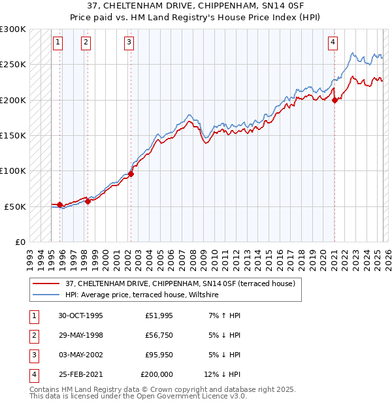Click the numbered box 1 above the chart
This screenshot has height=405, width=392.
pos(58,43)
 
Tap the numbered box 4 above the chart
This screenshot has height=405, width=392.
pos(333,43)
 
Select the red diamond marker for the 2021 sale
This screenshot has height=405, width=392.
pos(335,100)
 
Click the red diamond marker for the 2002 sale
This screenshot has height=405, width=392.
pos(131,174)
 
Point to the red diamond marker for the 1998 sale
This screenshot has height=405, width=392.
pos(88,201)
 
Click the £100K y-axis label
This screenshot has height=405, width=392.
pos(14,171)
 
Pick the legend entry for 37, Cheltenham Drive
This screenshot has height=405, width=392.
pos(180,283)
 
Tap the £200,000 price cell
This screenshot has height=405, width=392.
pos(157,375)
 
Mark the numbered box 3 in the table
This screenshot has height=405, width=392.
pos(33,355)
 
